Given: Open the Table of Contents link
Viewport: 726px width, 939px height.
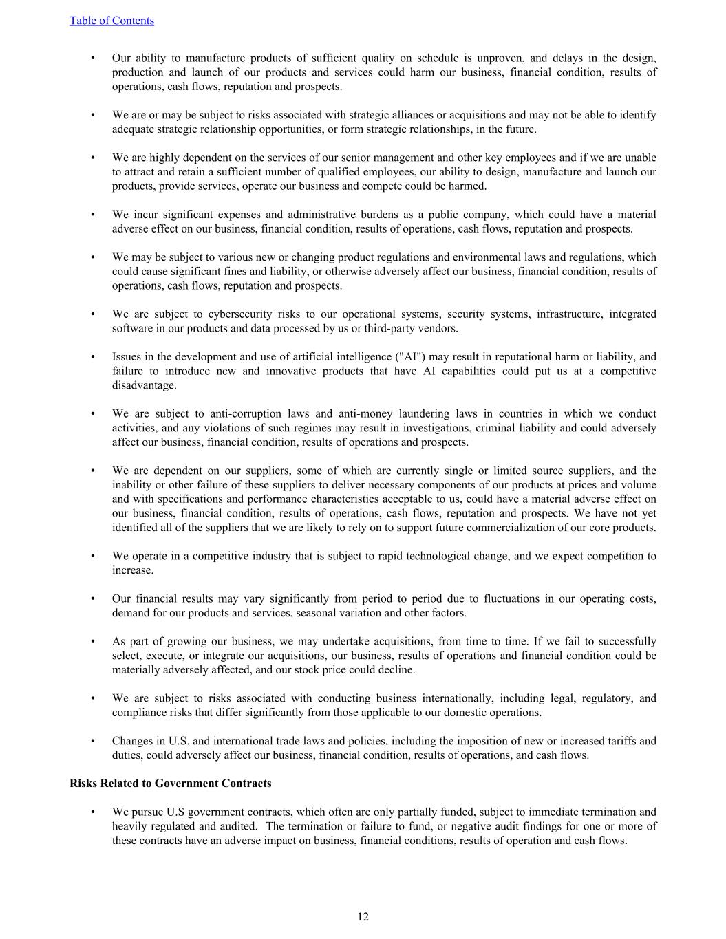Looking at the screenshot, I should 111,21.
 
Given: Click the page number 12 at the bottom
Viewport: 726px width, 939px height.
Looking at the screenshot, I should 363,916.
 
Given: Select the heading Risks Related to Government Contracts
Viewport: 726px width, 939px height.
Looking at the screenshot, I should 170,784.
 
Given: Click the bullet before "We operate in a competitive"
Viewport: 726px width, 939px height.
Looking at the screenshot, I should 92,556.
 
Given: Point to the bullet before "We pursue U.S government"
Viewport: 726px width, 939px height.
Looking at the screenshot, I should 92,812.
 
